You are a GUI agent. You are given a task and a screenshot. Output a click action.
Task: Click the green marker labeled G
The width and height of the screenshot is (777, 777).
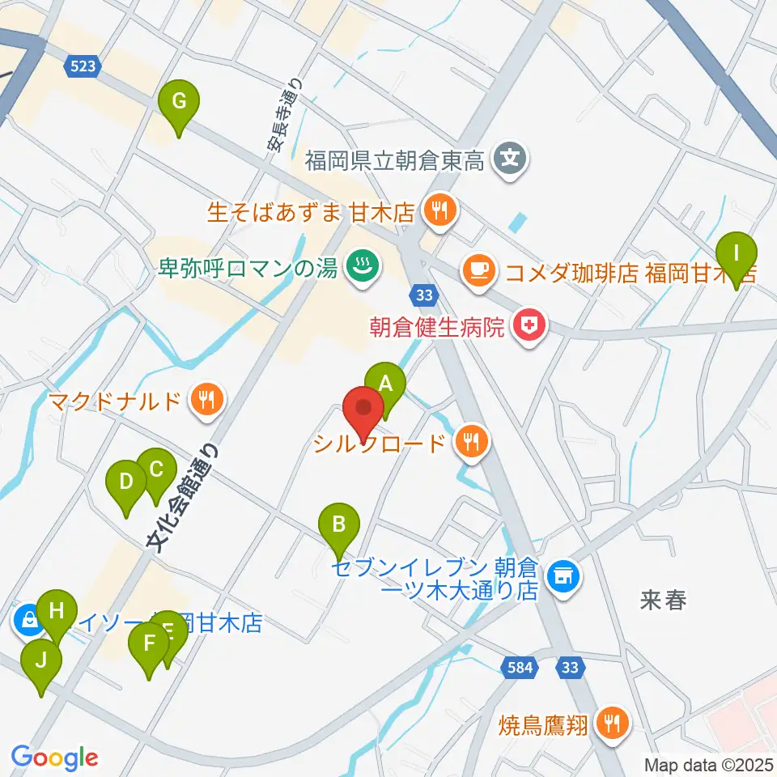click(180, 104)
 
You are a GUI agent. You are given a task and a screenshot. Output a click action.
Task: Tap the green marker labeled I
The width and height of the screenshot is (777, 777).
click(736, 253)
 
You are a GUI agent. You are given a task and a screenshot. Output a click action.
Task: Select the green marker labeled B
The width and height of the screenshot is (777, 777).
click(339, 525)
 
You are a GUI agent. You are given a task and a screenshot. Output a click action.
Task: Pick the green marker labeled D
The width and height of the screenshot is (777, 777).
click(125, 482)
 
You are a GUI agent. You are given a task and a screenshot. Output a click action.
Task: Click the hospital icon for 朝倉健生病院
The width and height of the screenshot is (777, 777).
click(530, 327)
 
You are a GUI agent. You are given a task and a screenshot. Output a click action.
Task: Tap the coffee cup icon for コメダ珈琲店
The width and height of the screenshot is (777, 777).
click(476, 269)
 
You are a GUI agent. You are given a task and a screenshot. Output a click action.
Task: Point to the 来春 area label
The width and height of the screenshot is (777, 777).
click(663, 601)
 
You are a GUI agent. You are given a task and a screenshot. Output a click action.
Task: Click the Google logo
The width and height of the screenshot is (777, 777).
click(54, 758)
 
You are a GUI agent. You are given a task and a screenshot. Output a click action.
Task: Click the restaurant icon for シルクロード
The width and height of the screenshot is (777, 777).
click(472, 441)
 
